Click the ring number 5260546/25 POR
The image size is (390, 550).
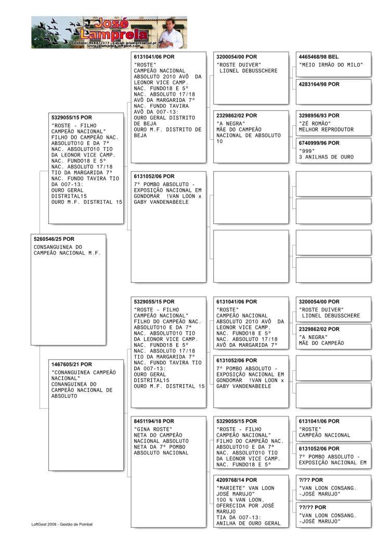pyautogui.click(x=54, y=239)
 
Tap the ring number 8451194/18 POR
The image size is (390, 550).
pyautogui.click(x=154, y=421)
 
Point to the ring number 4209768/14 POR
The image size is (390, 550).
pyautogui.click(x=236, y=480)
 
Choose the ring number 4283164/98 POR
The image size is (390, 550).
pyautogui.click(x=319, y=84)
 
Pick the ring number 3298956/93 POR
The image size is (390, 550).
pyautogui.click(x=319, y=115)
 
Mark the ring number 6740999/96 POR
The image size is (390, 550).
pyautogui.click(x=319, y=143)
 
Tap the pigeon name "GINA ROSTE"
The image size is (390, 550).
pyautogui.click(x=154, y=429)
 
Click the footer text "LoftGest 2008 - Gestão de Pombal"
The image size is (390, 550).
pyautogui.click(x=62, y=524)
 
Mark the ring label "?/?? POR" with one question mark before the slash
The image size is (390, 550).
pyautogui.click(x=310, y=480)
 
